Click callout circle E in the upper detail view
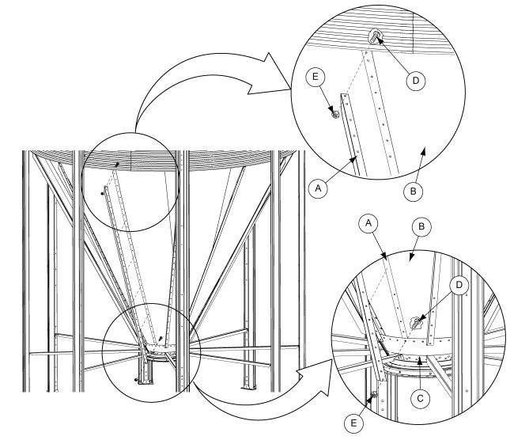click(315, 77)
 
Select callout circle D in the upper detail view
click(416, 81)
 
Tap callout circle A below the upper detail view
click(318, 188)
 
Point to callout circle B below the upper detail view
click(414, 192)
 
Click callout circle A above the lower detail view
click(368, 223)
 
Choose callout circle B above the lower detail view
click(421, 226)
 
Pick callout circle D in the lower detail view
click(459, 286)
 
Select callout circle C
click(420, 399)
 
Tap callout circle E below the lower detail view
click(353, 423)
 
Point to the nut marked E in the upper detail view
click(335, 115)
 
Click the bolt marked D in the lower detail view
click(416, 323)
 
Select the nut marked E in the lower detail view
click(374, 394)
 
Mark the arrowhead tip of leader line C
click(420, 358)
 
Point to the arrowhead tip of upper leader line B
click(425, 146)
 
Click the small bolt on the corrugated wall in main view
click(117, 165)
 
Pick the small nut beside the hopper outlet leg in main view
click(136, 380)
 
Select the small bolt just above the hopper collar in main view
click(161, 338)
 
